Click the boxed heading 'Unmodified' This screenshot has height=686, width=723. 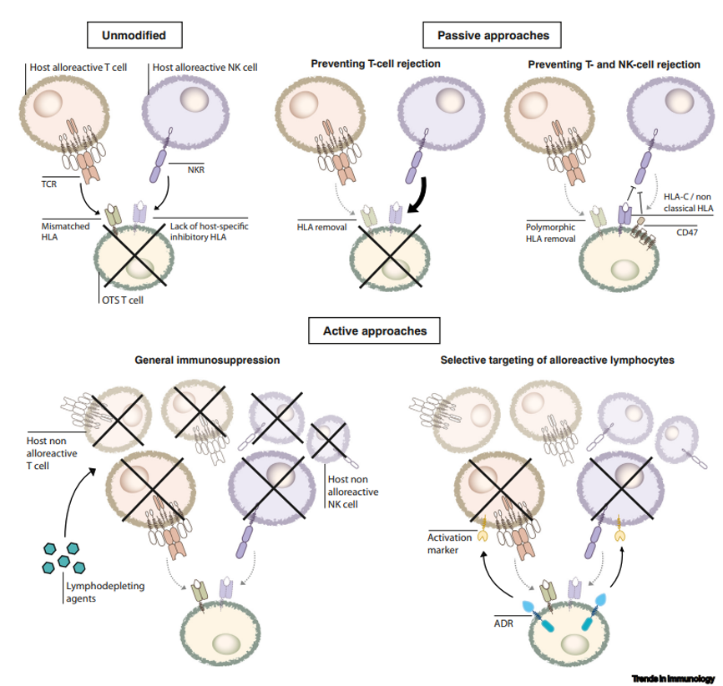pyautogui.click(x=134, y=36)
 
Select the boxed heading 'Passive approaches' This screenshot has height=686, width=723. pyautogui.click(x=493, y=36)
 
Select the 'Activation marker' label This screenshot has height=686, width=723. pyautogui.click(x=452, y=543)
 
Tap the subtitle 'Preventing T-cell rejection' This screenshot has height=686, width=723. pyautogui.click(x=375, y=63)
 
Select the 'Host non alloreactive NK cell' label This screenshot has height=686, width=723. pyautogui.click(x=350, y=491)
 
